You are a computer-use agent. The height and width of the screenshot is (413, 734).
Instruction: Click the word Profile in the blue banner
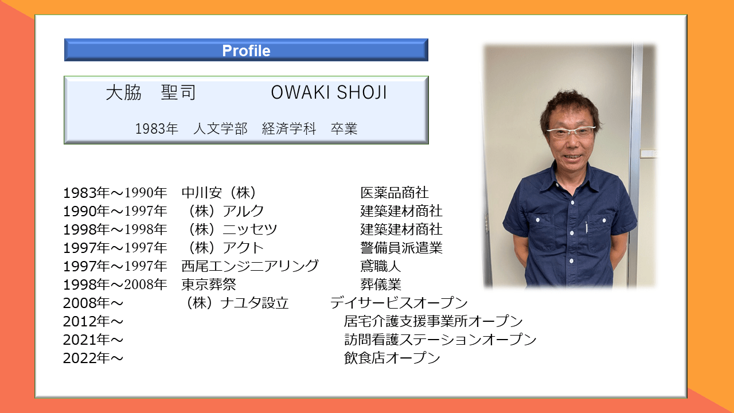[246, 51]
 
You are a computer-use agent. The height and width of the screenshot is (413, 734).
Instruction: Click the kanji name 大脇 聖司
[151, 92]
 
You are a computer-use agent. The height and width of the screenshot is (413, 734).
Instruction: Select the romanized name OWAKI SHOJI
[329, 92]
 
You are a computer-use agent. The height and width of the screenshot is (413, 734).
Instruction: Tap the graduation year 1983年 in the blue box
[157, 128]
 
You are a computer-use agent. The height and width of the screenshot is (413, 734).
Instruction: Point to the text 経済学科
[289, 128]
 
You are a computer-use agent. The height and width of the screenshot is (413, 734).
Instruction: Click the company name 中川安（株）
[218, 192]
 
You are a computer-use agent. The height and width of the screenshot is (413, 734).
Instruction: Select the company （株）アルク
[226, 211]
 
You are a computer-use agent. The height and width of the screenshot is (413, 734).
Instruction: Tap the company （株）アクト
[226, 247]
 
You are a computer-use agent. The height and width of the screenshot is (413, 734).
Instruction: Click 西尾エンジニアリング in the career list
[250, 266]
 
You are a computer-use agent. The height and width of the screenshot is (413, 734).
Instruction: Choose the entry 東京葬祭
[209, 284]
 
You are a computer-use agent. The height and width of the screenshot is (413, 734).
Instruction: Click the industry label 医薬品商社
[395, 192]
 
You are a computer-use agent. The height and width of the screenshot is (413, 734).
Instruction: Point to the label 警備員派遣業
[401, 247]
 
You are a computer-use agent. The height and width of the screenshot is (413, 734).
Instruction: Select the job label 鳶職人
[381, 266]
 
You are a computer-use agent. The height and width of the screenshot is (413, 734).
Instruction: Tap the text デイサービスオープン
[399, 302]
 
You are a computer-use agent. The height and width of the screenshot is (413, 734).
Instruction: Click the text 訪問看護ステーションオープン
[440, 339]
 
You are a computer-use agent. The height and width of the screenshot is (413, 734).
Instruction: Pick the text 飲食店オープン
[392, 357]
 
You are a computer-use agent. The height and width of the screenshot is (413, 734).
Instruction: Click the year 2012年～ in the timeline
[93, 321]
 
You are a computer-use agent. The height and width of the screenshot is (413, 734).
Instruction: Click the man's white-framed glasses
[571, 132]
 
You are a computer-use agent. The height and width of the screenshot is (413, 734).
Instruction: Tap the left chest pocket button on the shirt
[538, 220]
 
